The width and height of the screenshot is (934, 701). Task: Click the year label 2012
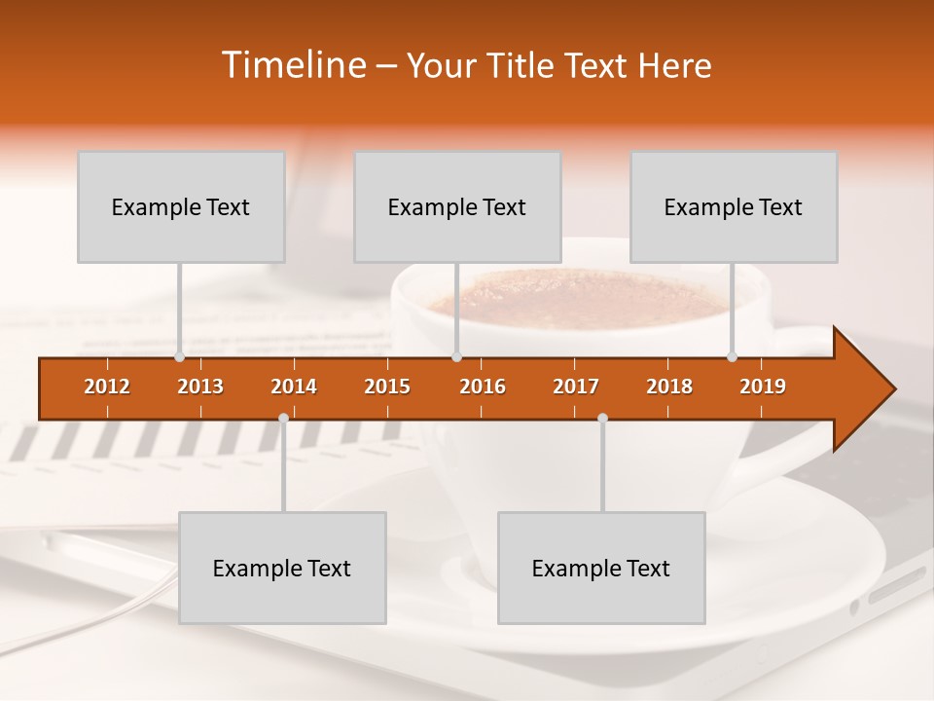[107, 387]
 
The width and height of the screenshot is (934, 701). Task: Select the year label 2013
[200, 387]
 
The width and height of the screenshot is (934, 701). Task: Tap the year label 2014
[294, 387]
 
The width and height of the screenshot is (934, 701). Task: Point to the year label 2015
[387, 387]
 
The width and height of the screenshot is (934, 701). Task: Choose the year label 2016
[483, 387]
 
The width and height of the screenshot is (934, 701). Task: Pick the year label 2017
[576, 387]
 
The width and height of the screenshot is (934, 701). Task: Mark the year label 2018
[669, 387]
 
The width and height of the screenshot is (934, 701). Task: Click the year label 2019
[763, 387]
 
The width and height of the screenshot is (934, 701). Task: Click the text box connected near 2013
[181, 207]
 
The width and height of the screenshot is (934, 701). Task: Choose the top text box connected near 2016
[457, 207]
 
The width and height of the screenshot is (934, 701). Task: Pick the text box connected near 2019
[734, 207]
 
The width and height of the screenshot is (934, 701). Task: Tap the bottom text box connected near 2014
[282, 569]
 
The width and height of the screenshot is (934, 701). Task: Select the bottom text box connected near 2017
[601, 569]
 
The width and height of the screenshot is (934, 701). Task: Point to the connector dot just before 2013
[179, 357]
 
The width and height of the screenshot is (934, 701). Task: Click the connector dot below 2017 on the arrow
[602, 418]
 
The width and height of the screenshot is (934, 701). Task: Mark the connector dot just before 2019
[732, 357]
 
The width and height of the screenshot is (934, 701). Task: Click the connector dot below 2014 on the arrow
[283, 418]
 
